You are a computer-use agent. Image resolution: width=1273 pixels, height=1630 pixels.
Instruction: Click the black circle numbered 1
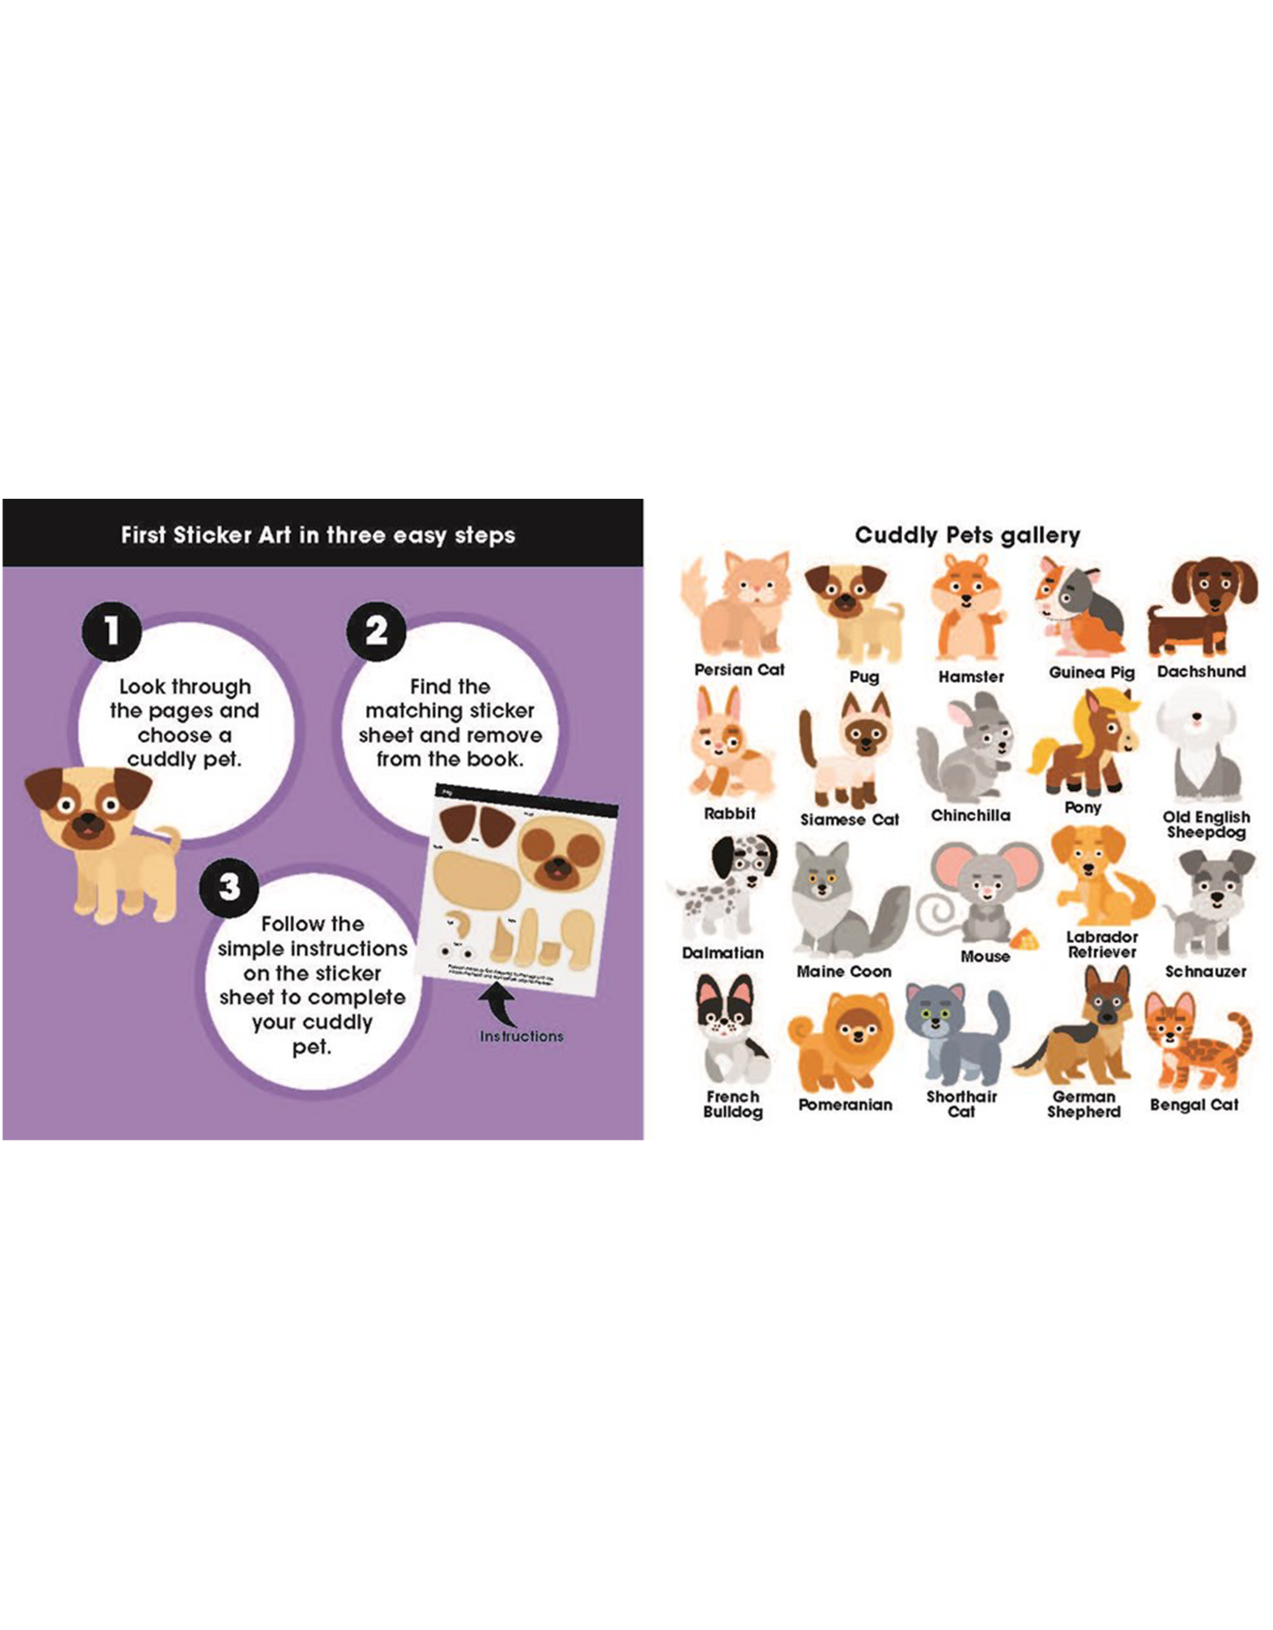[x=111, y=631]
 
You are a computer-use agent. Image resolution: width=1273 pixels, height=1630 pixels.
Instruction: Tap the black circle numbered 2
[x=376, y=631]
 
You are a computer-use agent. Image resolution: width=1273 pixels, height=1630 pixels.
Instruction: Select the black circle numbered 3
[x=229, y=887]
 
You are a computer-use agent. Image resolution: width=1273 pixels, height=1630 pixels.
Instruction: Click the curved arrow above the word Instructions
[x=500, y=1005]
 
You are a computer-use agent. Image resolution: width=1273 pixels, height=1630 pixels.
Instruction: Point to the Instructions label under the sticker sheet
[x=521, y=1036]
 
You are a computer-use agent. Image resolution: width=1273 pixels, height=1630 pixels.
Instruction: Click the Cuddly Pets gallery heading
[x=967, y=535]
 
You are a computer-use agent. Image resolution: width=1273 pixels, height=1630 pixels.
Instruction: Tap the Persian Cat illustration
[x=737, y=605]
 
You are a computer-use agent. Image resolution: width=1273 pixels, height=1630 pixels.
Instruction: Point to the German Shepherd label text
[x=1083, y=1104]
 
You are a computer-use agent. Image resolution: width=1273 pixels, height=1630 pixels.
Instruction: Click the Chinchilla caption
[x=971, y=815]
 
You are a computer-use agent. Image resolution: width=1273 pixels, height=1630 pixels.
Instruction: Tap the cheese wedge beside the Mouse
[x=1024, y=941]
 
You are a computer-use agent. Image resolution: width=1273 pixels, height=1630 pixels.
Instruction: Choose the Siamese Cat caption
[x=849, y=819]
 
